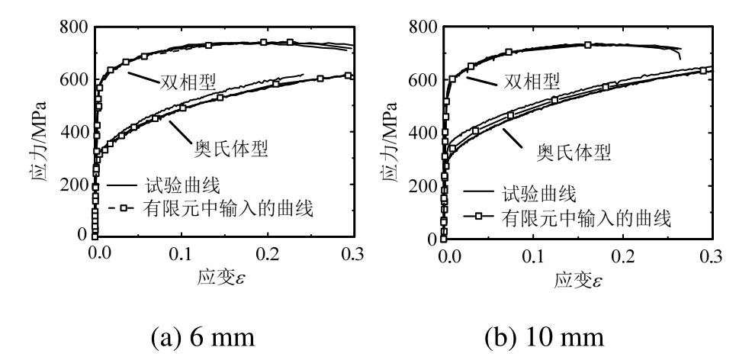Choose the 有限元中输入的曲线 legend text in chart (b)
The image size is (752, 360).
[585, 219]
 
